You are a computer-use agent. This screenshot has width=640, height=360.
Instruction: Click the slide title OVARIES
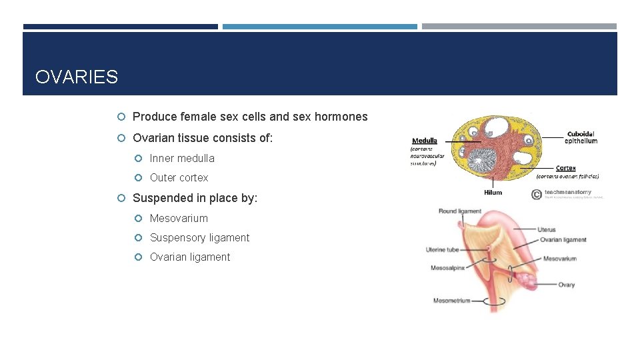[x=77, y=77]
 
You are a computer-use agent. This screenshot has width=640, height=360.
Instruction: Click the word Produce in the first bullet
[x=154, y=117]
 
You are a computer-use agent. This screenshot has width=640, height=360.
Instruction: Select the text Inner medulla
[x=182, y=158]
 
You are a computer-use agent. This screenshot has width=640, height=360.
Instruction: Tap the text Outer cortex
[x=179, y=177]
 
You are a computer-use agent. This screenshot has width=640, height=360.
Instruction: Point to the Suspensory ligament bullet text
[x=199, y=237]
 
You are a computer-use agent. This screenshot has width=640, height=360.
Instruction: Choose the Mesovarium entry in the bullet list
[x=179, y=218]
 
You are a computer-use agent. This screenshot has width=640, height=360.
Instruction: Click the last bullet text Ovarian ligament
[x=189, y=257]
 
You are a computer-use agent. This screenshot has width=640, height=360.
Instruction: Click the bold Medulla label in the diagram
[x=425, y=141]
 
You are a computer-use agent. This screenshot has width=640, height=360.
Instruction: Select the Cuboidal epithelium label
[x=581, y=137]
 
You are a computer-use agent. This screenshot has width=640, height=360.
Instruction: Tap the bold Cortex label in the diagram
[x=565, y=168]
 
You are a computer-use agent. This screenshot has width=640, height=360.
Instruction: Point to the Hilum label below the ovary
[x=493, y=193]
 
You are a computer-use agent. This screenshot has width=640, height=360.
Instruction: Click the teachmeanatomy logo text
[x=567, y=192]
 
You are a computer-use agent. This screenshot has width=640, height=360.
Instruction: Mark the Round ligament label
[x=459, y=211]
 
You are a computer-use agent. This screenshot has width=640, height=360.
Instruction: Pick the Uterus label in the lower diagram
[x=546, y=230]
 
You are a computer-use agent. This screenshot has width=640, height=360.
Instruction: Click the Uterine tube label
[x=443, y=250]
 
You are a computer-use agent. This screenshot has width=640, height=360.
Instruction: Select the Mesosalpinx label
[x=447, y=267]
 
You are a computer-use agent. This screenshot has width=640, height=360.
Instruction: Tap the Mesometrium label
[x=451, y=301]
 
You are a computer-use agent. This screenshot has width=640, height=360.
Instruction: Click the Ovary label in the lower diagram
[x=566, y=285]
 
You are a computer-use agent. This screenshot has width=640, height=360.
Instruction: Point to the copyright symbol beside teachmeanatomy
[x=536, y=195]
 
